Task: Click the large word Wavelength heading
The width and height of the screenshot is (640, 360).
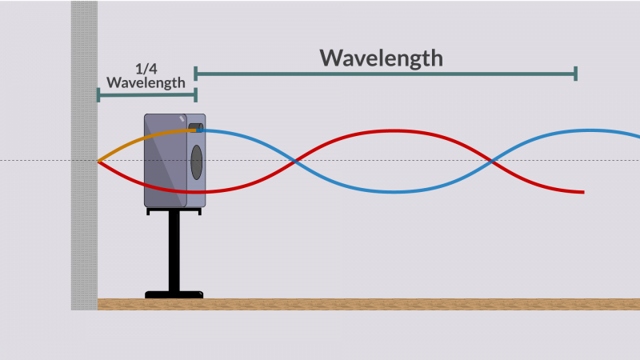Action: pyautogui.click(x=382, y=58)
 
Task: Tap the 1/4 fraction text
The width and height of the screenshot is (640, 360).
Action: pyautogui.click(x=146, y=69)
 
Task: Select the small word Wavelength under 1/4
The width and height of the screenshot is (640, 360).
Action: pyautogui.click(x=146, y=82)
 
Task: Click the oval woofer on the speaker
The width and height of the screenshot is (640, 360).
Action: pyautogui.click(x=196, y=162)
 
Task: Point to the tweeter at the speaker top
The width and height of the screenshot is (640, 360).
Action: pyautogui.click(x=195, y=127)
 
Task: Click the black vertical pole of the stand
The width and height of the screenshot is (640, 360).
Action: pyautogui.click(x=174, y=250)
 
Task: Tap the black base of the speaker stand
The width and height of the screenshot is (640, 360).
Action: pyautogui.click(x=174, y=294)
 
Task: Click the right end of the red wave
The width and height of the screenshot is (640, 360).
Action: pyautogui.click(x=584, y=192)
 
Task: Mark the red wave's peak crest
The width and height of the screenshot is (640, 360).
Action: pyautogui.click(x=393, y=131)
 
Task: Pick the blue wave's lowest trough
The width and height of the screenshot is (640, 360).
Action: pyautogui.click(x=394, y=191)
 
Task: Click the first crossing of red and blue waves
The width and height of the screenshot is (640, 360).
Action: pyautogui.click(x=294, y=161)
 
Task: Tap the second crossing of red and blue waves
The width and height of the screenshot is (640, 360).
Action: pyautogui.click(x=492, y=161)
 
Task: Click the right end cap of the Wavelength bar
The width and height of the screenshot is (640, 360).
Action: pyautogui.click(x=575, y=74)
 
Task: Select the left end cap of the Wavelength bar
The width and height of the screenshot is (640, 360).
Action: pyautogui.click(x=195, y=74)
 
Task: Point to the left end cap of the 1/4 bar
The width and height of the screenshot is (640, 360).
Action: pyautogui.click(x=98, y=95)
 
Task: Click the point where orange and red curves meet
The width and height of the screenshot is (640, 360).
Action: pyautogui.click(x=98, y=162)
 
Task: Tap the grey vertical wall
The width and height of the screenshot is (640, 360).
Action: pyautogui.click(x=84, y=155)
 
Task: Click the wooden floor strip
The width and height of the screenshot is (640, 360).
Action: pyautogui.click(x=369, y=305)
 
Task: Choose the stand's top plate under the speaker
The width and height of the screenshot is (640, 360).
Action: pyautogui.click(x=174, y=210)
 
